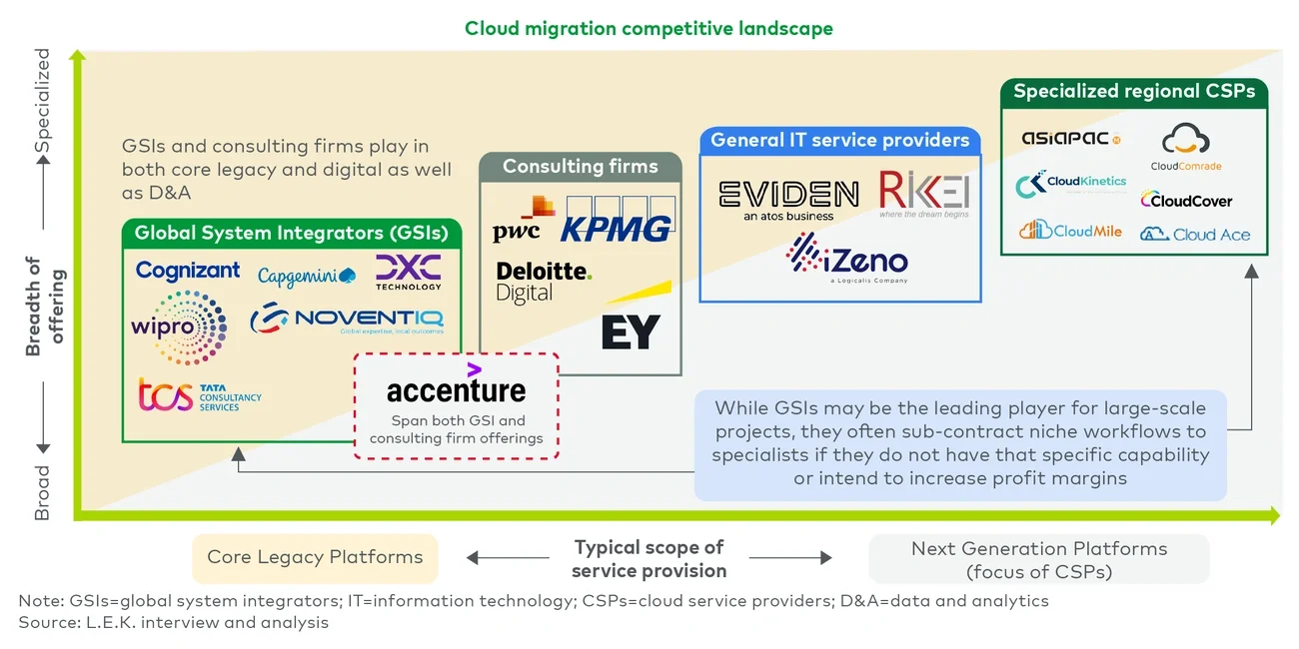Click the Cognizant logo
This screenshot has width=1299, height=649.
tap(188, 271)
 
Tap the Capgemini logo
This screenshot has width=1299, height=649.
tap(306, 277)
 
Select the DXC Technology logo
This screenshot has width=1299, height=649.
tap(408, 272)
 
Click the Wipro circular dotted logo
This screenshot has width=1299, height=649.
tap(180, 326)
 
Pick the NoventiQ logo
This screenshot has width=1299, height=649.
tap(347, 320)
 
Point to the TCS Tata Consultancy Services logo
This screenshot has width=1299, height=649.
tap(200, 396)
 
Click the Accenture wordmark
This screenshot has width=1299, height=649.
tap(456, 388)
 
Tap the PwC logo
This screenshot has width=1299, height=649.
tap(521, 221)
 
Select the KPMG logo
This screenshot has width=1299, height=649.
tap(616, 229)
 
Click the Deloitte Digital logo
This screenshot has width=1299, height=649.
tap(543, 282)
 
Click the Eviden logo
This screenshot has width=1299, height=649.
tap(788, 199)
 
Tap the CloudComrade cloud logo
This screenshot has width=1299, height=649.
tap(1186, 147)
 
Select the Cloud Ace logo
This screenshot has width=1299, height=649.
tap(1195, 234)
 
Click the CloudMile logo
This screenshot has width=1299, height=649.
tap(1070, 231)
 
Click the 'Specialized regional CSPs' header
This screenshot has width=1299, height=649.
tap(1134, 92)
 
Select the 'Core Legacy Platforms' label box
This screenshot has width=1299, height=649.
tap(315, 557)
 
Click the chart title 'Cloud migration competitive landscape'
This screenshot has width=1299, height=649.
tap(649, 28)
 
